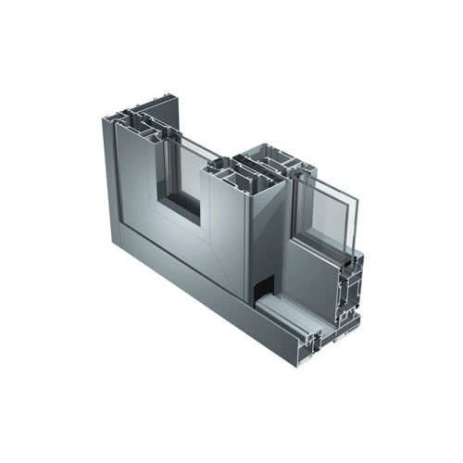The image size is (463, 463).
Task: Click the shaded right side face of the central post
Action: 268,231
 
